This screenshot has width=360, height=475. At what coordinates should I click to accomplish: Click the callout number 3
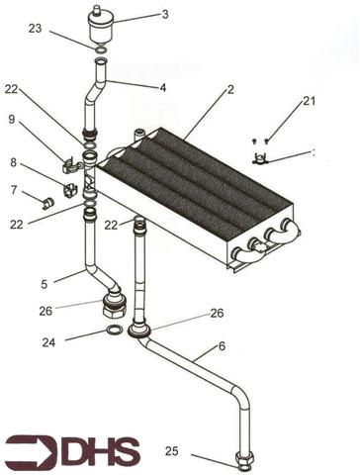pos(165,15)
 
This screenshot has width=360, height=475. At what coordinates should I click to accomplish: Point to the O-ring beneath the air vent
pos(100,48)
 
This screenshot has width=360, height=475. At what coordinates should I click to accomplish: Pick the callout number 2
pos(229,90)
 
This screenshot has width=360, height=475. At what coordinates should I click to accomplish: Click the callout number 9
pos(12,119)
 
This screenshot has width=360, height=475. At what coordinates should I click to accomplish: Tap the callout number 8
pos(12,161)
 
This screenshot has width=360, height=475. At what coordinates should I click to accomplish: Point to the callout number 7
pos(13,190)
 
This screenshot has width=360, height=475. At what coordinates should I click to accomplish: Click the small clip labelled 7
pos(45,204)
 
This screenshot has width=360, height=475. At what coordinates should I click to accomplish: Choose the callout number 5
pos(44,285)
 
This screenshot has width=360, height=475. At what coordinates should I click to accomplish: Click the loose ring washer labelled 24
pos(113,330)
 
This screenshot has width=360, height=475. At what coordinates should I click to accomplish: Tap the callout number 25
pos(171,451)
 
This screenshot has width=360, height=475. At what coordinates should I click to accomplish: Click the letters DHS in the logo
pos(100,453)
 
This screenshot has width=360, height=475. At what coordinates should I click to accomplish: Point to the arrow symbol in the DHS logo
pos(31,453)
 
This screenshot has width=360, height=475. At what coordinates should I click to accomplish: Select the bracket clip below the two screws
pos(261,158)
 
